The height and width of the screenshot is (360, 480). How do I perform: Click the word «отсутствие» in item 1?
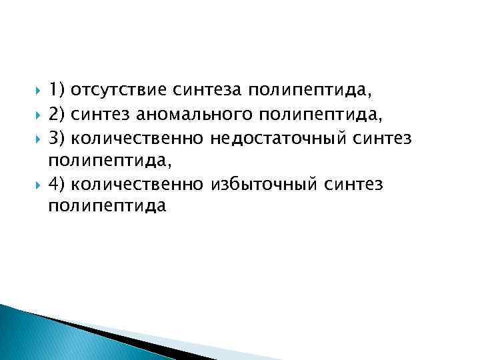(x=119, y=91)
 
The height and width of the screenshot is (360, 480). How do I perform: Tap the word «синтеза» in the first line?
(x=208, y=91)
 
